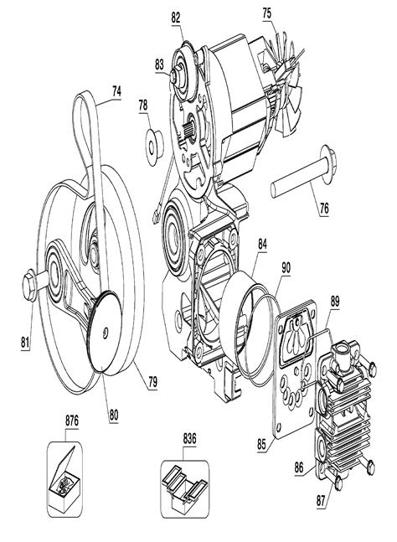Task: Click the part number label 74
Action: click(116, 91)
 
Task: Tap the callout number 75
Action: click(267, 13)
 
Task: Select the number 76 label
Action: click(324, 209)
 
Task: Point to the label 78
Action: click(143, 106)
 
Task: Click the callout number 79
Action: click(152, 382)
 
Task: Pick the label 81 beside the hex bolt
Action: click(24, 343)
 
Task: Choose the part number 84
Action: click(263, 245)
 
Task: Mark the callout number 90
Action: click(286, 267)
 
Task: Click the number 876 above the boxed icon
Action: click(72, 421)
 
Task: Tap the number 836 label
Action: click(189, 439)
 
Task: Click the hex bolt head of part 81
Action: click(29, 286)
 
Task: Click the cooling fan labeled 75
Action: click(281, 81)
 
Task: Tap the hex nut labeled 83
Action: click(175, 76)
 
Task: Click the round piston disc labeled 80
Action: click(105, 332)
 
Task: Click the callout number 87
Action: click(321, 501)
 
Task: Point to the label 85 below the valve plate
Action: click(261, 444)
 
